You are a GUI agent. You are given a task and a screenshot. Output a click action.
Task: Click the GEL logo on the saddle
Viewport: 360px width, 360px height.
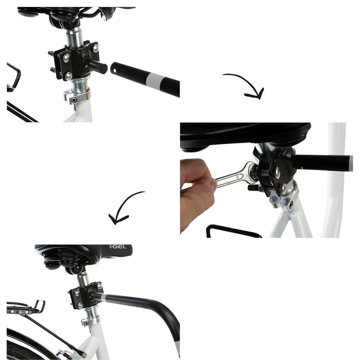118,247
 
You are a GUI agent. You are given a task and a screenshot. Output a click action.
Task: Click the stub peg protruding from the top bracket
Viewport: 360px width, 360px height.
96,65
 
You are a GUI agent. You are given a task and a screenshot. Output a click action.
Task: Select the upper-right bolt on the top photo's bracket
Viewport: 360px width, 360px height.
95,48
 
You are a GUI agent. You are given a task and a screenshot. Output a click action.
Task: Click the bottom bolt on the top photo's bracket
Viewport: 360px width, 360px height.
68,76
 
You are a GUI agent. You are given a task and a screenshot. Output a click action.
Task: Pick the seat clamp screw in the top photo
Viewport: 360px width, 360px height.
74,100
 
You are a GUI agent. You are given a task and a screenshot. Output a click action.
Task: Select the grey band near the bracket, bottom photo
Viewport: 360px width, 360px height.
104,298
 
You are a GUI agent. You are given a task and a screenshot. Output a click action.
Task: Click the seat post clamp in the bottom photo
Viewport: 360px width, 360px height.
91,321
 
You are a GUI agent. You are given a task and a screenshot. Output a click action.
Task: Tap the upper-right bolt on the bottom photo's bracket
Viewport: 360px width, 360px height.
99,286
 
